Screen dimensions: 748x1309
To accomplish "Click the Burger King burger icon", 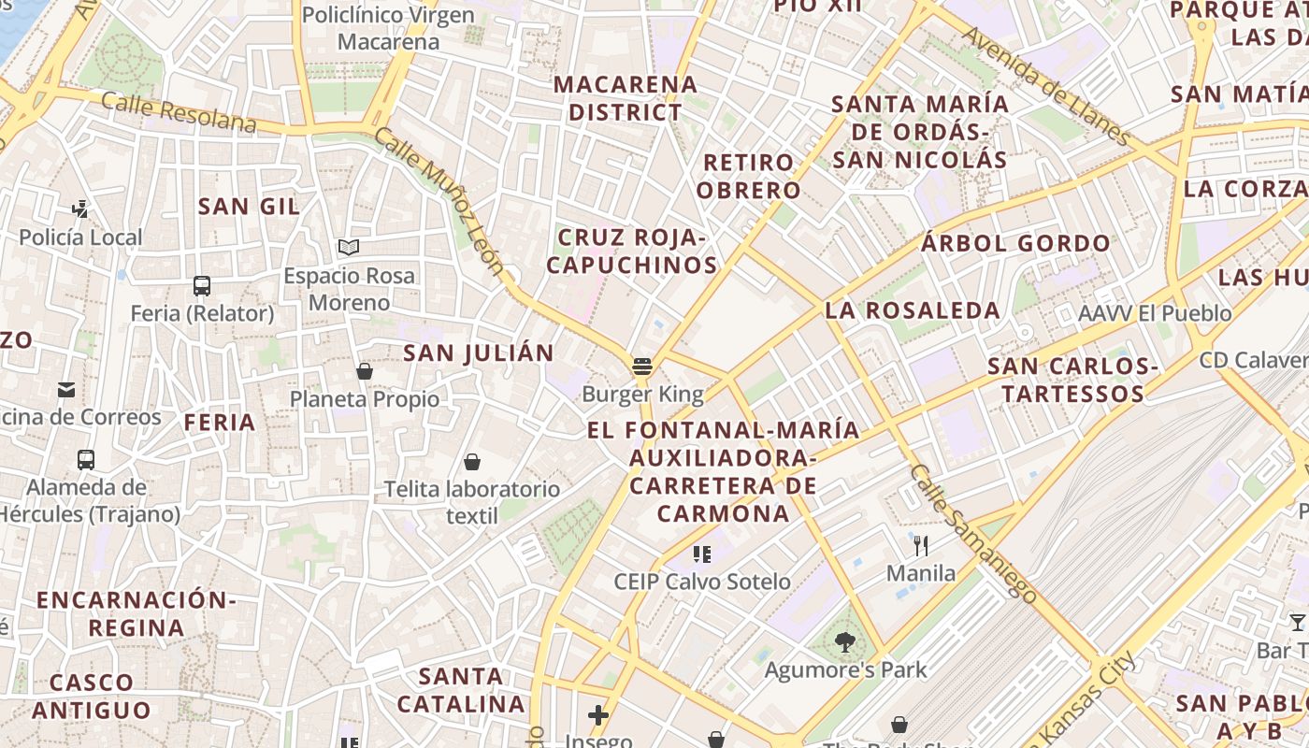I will (641, 366).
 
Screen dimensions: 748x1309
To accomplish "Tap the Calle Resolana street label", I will (179, 111).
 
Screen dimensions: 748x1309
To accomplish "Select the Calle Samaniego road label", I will (972, 533).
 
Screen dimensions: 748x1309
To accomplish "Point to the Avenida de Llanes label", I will (1046, 85).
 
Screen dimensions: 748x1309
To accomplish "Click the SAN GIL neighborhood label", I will (249, 207).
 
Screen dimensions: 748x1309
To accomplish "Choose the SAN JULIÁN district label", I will (478, 352).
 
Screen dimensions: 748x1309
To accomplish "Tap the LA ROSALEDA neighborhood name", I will (913, 309).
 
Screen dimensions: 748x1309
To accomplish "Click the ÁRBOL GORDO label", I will (1015, 244).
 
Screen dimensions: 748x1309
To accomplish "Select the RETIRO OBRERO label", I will (749, 177).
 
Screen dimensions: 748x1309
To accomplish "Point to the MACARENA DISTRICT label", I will (626, 98).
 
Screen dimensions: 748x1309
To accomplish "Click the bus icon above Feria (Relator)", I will (202, 286).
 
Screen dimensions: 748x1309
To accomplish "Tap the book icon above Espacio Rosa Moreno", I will (349, 248).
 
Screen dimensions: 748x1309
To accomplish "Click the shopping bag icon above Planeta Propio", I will (365, 372).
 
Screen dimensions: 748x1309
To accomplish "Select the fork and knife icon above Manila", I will (921, 546).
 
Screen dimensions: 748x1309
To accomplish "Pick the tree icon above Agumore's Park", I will (845, 642).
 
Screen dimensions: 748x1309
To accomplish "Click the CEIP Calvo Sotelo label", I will (702, 582).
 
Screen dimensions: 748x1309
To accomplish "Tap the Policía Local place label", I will (80, 237).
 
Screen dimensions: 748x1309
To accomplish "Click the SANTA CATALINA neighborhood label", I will (460, 689).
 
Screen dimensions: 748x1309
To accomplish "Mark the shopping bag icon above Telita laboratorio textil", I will (473, 462).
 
